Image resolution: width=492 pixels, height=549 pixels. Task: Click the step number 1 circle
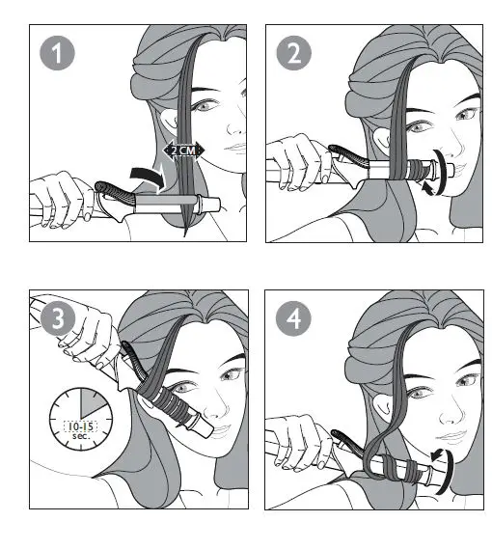[x=57, y=53]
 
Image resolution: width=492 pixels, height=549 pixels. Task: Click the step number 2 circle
[x=294, y=53]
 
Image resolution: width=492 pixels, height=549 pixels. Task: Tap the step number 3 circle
[x=58, y=318]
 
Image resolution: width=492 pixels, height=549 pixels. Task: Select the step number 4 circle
[x=293, y=318]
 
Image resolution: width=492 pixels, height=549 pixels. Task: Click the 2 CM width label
[x=183, y=151]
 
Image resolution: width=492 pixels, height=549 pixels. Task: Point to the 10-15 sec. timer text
[x=81, y=430]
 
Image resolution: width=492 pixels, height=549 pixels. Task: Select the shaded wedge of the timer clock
[x=91, y=401]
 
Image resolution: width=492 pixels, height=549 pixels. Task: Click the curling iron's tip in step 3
[x=205, y=429]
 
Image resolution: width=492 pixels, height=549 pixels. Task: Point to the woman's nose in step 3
[x=220, y=408]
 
